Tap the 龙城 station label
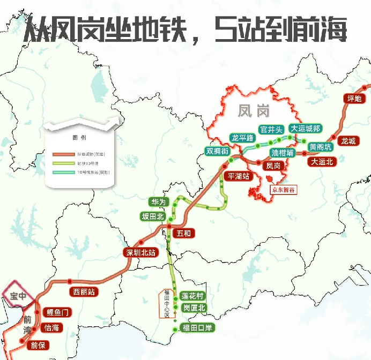click(348, 141)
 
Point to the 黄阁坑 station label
click(321, 146)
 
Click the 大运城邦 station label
click(306, 129)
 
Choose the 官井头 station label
click(270, 129)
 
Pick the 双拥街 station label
click(218, 151)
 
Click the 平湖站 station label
click(239, 176)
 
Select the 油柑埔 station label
click(282, 153)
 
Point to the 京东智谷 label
click(284, 189)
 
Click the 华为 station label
click(159, 202)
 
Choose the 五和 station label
click(183, 233)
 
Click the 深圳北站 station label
click(140, 252)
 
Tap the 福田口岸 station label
click(197, 328)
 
